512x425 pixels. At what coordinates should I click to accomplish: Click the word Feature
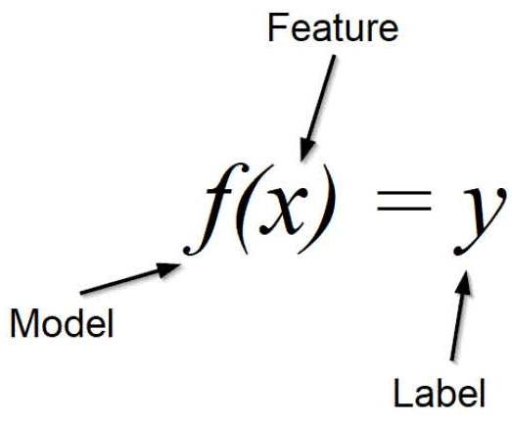(x=333, y=28)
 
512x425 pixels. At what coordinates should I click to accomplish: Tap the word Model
(x=62, y=323)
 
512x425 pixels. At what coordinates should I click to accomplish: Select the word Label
(x=440, y=392)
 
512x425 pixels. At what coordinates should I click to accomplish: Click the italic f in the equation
(x=215, y=209)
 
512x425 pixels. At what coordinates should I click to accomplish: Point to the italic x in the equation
(x=284, y=211)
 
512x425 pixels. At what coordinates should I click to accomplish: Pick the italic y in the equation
(x=480, y=220)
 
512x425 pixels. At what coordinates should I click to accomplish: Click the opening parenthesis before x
(x=243, y=209)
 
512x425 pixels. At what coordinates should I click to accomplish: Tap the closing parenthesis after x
(x=318, y=209)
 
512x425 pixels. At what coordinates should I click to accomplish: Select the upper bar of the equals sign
(x=404, y=194)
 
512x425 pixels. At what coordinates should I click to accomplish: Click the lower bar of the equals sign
(x=404, y=208)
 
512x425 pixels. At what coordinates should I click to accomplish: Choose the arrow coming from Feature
(x=318, y=108)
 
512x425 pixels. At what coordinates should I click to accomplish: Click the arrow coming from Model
(x=130, y=278)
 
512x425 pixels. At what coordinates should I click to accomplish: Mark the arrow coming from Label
(x=461, y=315)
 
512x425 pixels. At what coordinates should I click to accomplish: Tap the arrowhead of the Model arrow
(x=168, y=269)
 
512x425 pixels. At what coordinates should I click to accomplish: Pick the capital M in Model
(x=23, y=323)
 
